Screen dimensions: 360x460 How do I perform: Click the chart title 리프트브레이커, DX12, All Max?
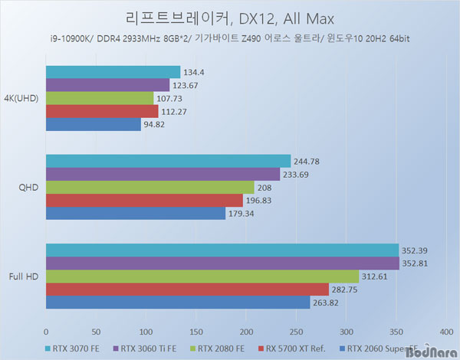click(x=229, y=18)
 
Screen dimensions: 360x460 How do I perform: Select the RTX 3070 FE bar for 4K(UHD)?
click(x=113, y=72)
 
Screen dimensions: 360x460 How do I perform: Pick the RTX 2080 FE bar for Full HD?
click(x=202, y=277)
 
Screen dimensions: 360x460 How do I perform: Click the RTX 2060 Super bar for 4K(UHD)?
click(x=93, y=124)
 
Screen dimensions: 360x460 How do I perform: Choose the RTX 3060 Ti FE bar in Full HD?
click(x=222, y=263)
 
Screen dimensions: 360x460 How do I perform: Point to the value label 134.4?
click(x=194, y=72)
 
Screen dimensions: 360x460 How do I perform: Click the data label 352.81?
click(x=416, y=263)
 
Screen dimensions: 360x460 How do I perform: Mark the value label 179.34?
click(x=241, y=213)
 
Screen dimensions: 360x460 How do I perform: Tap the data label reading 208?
click(x=264, y=187)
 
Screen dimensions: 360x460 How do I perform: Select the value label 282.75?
click(x=345, y=290)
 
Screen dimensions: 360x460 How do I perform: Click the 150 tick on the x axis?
click(x=195, y=332)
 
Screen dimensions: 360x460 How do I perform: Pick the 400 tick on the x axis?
click(x=446, y=332)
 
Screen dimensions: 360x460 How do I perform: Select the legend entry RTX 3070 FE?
click(x=75, y=349)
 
